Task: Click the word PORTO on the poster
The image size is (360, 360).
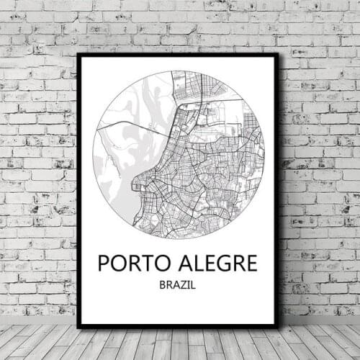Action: [130, 263]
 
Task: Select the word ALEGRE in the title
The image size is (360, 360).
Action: [215, 263]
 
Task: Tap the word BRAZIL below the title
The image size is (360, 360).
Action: [178, 285]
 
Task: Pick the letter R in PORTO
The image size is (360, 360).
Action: [131, 263]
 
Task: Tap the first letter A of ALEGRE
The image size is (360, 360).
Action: [181, 263]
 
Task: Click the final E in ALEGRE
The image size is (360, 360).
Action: [250, 263]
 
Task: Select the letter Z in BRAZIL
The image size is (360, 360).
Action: [184, 285]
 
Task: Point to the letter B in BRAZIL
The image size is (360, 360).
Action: [163, 285]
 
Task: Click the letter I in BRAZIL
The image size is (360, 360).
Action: [189, 285]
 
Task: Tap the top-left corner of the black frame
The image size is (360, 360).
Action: [78, 55]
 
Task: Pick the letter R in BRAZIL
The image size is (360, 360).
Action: [170, 285]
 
